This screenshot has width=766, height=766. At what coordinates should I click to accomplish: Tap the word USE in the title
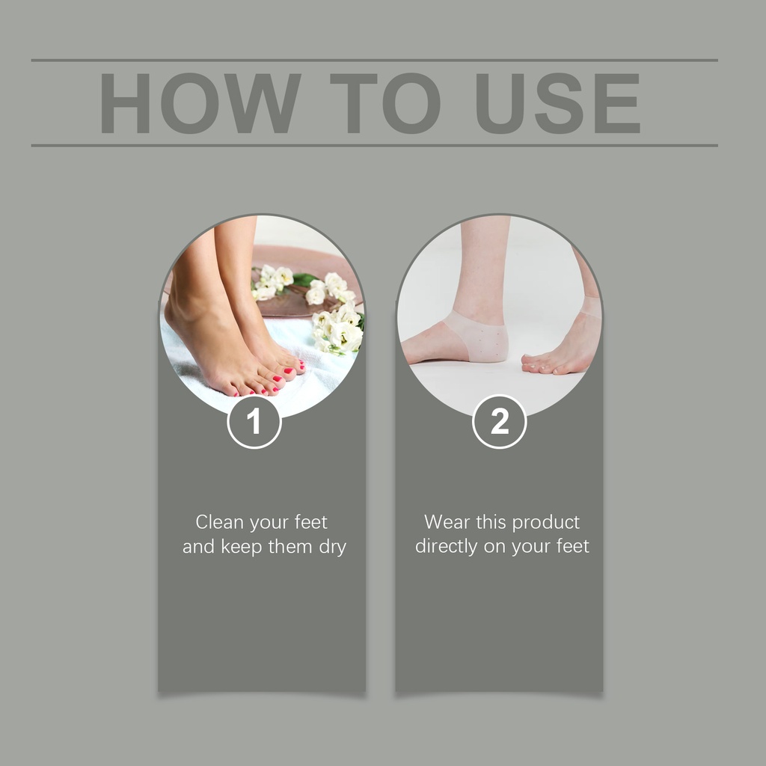coord(558,103)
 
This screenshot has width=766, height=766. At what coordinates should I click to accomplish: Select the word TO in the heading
coord(385,103)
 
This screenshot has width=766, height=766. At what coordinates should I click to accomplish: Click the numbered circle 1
coord(254,422)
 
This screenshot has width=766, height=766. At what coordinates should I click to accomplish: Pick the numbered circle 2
coord(499,422)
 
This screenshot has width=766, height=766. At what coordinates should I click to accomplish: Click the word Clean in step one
coord(219,521)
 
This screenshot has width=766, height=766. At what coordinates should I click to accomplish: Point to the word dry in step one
coord(333,547)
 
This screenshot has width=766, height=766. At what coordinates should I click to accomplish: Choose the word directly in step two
coord(446,547)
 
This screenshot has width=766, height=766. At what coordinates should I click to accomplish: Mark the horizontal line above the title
coord(375,60)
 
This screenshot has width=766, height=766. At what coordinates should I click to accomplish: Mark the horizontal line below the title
coord(375,145)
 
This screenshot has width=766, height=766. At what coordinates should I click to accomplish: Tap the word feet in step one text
coord(310,521)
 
